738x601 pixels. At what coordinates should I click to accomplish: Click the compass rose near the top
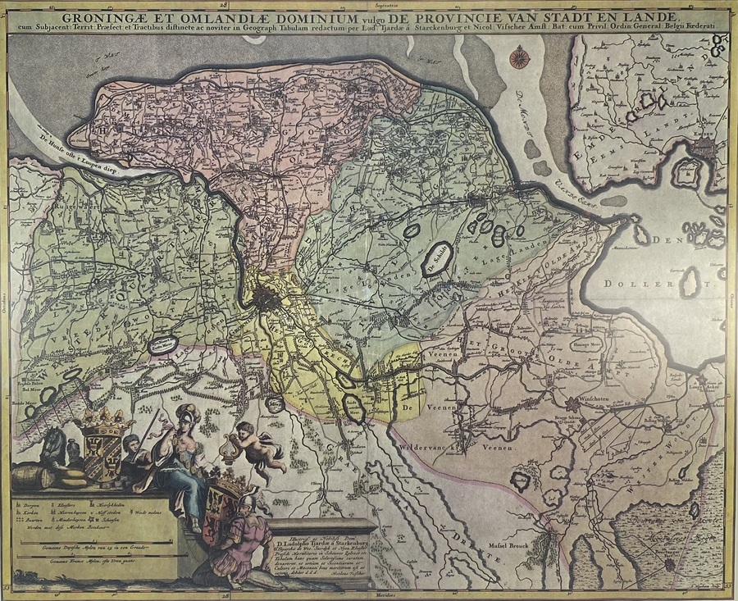(517, 57)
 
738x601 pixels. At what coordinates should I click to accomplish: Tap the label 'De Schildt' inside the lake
(435, 256)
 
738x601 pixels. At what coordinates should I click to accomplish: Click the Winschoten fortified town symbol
(571, 403)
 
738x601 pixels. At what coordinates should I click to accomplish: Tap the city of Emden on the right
(704, 148)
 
